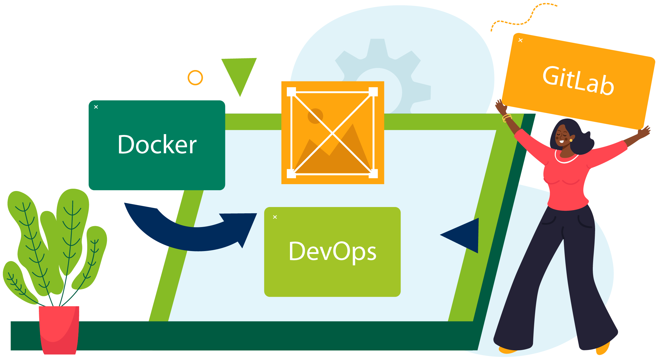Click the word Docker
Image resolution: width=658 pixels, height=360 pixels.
(157, 145)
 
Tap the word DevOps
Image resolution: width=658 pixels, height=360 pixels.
(332, 251)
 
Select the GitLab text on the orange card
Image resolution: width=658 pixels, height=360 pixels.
(578, 80)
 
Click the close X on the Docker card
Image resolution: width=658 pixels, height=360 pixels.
(96, 107)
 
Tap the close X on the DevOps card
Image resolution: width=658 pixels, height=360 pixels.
(275, 217)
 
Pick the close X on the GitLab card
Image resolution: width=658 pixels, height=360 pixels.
(520, 40)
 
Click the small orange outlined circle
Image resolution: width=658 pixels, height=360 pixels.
(195, 77)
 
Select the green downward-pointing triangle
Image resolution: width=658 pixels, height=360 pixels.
(239, 73)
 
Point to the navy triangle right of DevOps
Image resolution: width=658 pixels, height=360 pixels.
(465, 235)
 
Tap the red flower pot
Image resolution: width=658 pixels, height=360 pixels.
(59, 329)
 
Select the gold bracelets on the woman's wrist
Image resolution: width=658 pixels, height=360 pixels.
(507, 118)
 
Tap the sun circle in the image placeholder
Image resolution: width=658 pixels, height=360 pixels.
(315, 116)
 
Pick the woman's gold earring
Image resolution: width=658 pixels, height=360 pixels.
(571, 140)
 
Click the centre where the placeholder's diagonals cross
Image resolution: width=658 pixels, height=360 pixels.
(333, 133)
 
